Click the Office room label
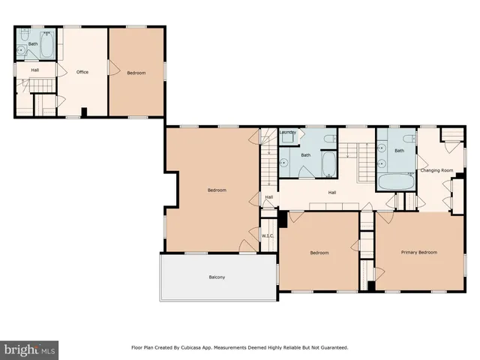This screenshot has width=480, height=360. click(82, 72)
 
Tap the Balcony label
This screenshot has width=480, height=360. click(217, 277)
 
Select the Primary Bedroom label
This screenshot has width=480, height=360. click(418, 252)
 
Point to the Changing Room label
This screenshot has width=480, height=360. click(436, 170)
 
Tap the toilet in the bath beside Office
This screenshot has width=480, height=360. click(23, 37)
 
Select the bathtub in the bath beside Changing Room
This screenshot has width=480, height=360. click(395, 181)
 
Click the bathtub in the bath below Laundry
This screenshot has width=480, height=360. click(329, 163)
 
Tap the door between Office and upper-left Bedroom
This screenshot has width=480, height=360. click(112, 69)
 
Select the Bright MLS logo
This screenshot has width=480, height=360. click(29, 349)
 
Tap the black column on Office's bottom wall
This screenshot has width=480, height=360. click(84, 113)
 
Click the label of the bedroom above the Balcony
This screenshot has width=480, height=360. click(217, 190)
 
